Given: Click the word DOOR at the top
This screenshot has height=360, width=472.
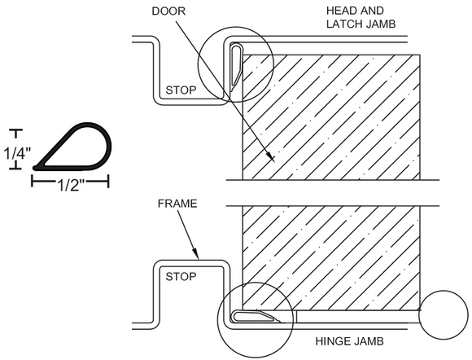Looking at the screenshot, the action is (x=168, y=11).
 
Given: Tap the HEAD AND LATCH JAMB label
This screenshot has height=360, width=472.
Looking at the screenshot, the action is (x=361, y=17).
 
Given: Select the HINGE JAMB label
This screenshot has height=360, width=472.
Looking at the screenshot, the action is (x=349, y=341).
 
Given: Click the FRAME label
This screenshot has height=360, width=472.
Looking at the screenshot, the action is (x=177, y=204).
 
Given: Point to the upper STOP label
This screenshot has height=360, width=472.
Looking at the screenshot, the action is (x=181, y=90).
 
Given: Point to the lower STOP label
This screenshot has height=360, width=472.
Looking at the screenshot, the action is (x=181, y=276).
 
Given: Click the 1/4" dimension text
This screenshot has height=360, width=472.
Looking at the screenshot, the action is (x=17, y=154).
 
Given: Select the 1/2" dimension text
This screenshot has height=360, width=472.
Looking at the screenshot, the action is (x=70, y=186).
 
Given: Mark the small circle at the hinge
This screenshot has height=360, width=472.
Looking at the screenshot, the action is (x=444, y=315).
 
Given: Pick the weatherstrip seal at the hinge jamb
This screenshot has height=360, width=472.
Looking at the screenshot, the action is (x=256, y=316).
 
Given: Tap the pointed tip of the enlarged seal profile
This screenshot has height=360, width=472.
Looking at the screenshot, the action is (x=36, y=168).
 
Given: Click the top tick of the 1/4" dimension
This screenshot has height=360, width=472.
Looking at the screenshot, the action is (x=16, y=130).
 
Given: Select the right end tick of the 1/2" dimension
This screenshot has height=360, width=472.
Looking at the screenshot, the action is (x=108, y=182).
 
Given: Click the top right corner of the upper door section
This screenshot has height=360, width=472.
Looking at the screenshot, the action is (x=420, y=55).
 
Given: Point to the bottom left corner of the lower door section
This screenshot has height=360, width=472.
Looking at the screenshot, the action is (x=243, y=310).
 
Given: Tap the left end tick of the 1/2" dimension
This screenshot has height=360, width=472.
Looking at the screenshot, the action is (x=33, y=182).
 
